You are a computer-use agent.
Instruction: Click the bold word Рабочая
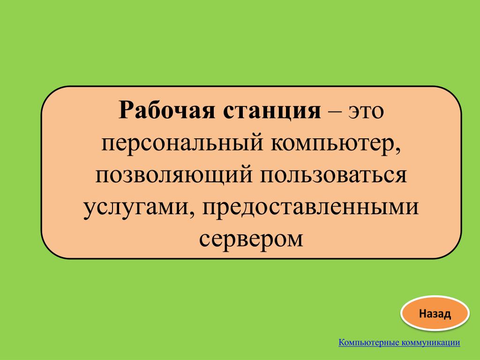tap(167, 110)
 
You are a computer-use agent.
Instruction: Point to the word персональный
tap(182, 144)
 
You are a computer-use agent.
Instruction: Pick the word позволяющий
tap(174, 176)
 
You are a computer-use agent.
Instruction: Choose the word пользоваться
tap(333, 175)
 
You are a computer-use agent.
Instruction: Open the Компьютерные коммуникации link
tap(399, 342)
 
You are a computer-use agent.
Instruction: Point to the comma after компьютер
tap(398, 151)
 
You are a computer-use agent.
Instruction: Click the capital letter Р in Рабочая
tap(127, 110)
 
